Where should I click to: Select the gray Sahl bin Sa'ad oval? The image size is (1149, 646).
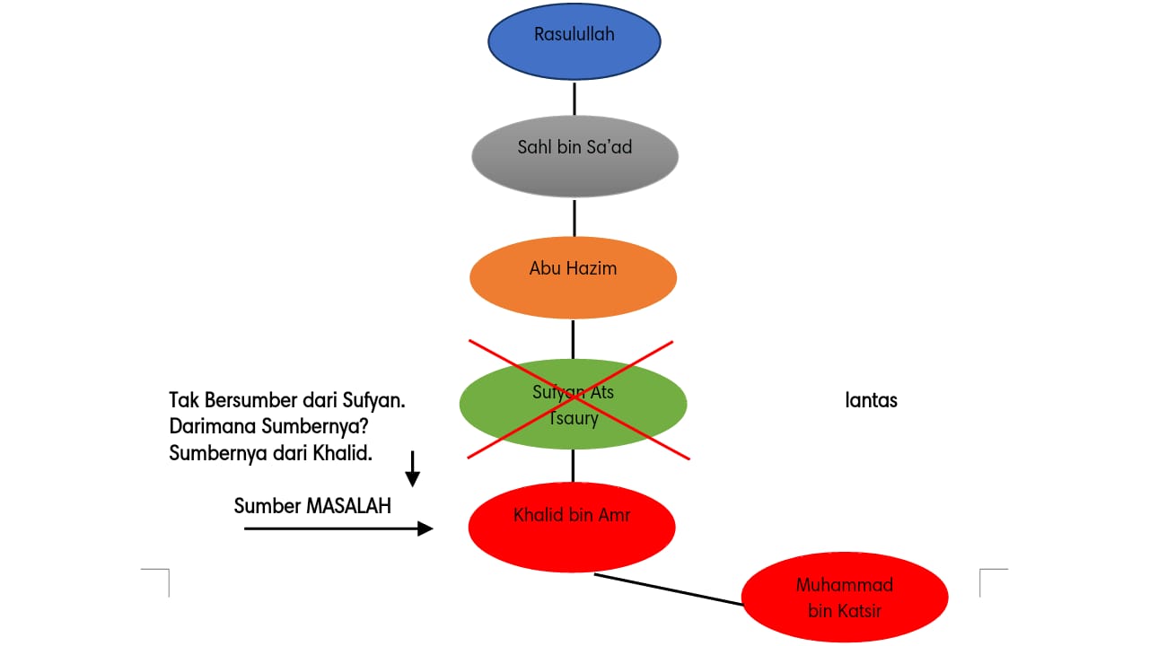[574, 155]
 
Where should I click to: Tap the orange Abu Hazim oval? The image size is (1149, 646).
[573, 277]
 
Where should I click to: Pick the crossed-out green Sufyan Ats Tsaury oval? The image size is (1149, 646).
[573, 404]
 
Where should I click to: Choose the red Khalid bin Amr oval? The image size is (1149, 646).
[572, 527]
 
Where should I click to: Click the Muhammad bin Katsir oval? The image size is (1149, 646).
[845, 598]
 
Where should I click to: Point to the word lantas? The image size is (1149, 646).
[871, 400]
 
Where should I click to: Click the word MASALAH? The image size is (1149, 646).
[349, 506]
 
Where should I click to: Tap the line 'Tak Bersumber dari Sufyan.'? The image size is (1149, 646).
[287, 400]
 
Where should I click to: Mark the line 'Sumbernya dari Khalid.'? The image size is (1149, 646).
[270, 454]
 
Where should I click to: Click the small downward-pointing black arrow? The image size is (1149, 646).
[412, 469]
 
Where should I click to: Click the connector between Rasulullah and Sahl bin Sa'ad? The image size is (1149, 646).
[574, 98]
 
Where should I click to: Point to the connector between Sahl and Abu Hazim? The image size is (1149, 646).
[574, 216]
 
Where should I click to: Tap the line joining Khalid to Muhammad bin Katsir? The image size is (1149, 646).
[669, 589]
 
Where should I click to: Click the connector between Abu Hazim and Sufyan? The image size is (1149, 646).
[573, 338]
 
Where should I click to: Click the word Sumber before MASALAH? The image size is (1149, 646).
[268, 506]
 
